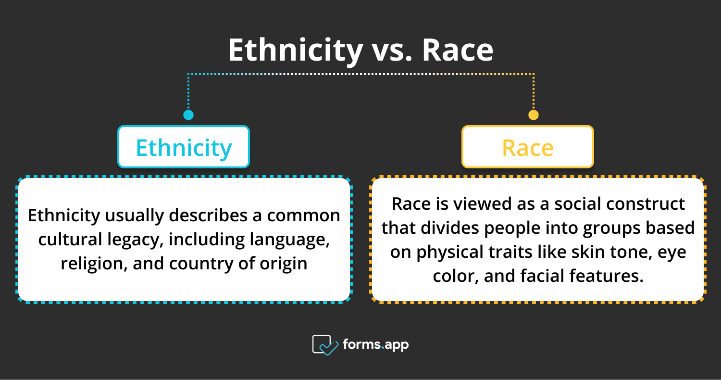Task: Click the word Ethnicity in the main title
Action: pos(295,50)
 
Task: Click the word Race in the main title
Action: pos(458,50)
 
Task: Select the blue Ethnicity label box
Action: pos(184,147)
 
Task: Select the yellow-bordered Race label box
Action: pos(527,147)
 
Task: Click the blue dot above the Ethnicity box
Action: pos(188,115)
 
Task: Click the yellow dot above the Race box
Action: pos(533,115)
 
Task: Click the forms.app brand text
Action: pos(375,344)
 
